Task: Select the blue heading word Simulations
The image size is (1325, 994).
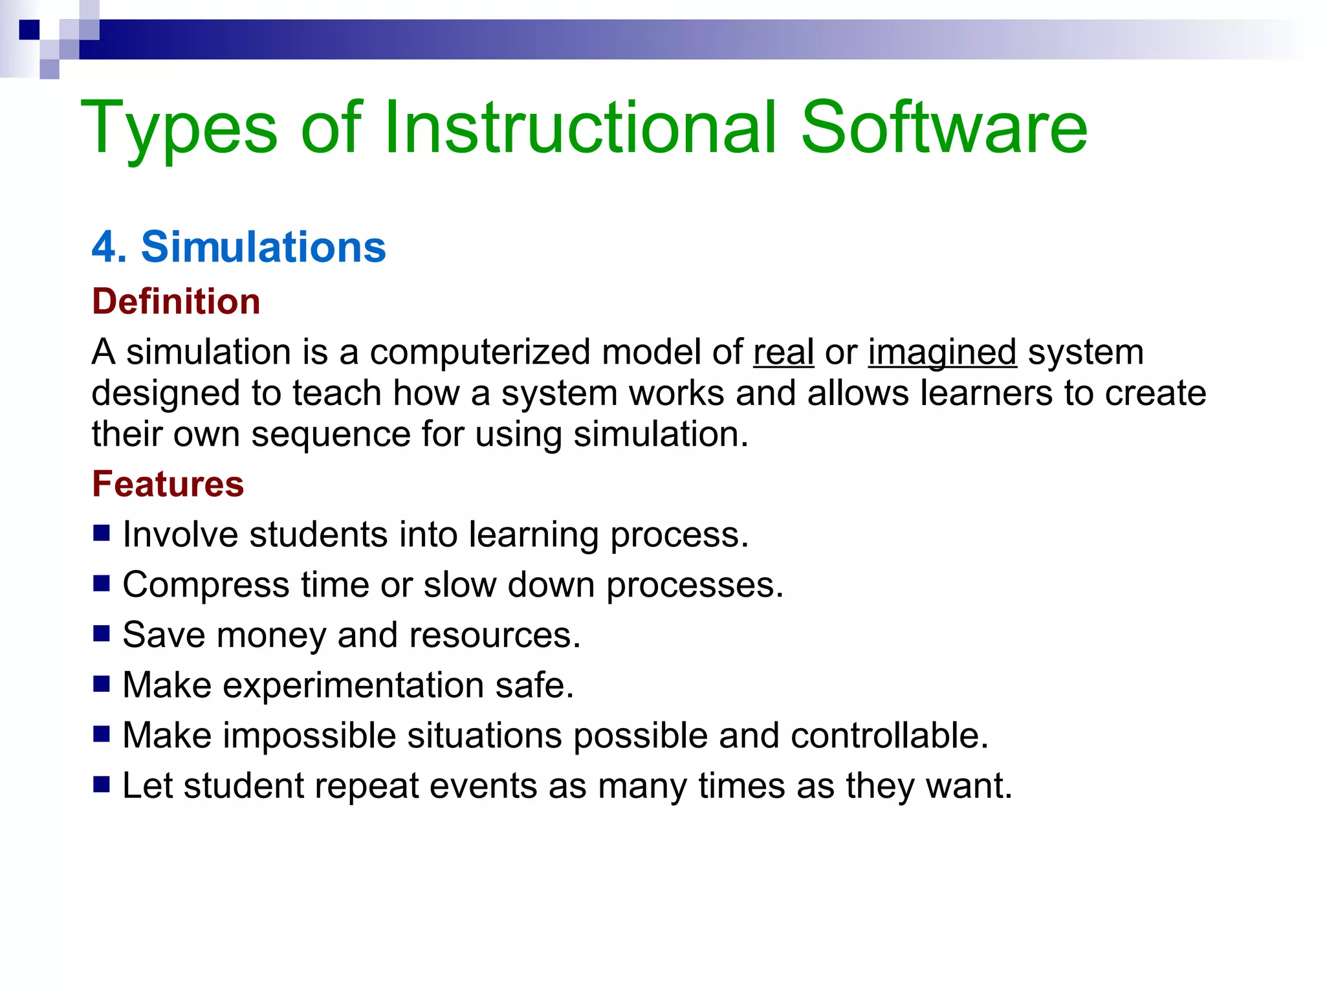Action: pos(263,247)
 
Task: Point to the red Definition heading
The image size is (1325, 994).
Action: pos(176,302)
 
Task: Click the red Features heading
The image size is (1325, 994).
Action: pos(168,484)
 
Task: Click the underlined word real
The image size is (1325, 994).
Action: pos(783,353)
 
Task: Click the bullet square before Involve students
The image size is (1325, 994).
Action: pos(102,533)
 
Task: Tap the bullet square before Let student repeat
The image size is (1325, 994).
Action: pos(102,784)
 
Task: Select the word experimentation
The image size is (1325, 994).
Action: pos(353,685)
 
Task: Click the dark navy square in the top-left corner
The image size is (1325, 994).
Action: pos(29,30)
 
